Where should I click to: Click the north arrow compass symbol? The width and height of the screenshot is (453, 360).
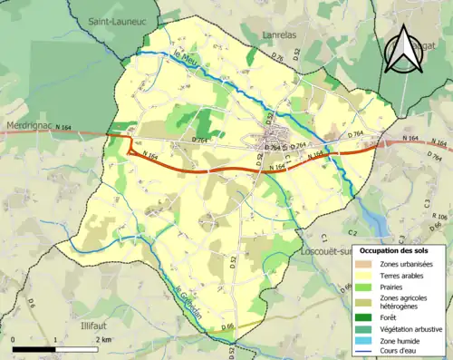click(403, 50)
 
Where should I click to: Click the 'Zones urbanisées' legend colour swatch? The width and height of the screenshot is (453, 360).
click(367, 264)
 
